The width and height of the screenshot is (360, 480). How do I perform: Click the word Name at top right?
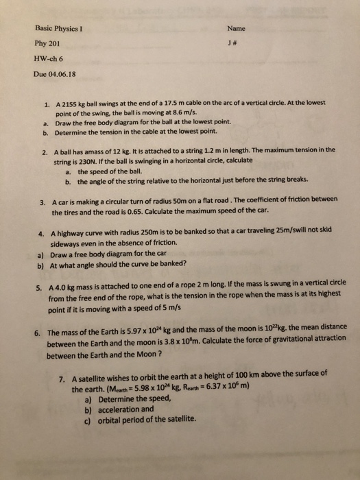(236, 29)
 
